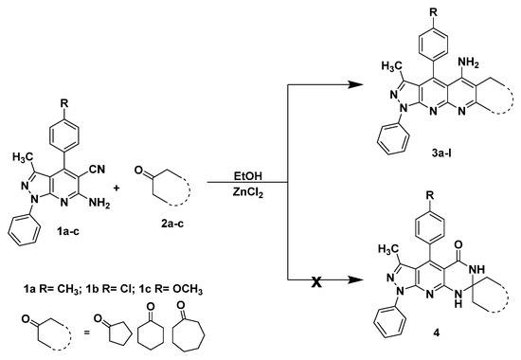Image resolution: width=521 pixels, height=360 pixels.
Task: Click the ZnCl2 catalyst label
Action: point(253,193)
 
